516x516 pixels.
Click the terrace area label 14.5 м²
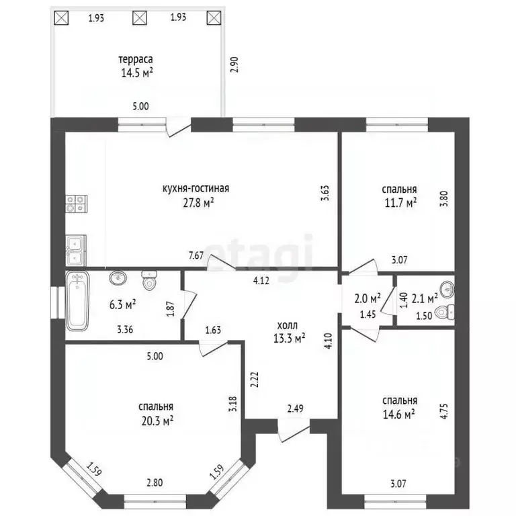coord(137,73)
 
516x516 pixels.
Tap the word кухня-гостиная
coord(196,189)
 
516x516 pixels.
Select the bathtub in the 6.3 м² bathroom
coord(77,302)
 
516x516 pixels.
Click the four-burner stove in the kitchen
coord(77,204)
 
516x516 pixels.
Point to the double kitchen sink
coord(76,251)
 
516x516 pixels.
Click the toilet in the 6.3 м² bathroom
coord(149,281)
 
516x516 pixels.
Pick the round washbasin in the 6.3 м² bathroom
coord(118,278)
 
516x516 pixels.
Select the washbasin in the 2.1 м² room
coord(447,290)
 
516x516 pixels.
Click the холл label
coord(288,326)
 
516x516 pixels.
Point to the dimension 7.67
coord(196,255)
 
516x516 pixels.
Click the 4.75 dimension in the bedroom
coord(445,411)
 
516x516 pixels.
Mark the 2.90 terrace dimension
coord(234,64)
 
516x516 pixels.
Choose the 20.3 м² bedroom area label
coord(157,421)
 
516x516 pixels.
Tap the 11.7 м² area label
coord(400,203)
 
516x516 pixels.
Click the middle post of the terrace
coord(140,17)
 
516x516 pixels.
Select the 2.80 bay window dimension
coord(155,483)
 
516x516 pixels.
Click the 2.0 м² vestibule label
coord(368,300)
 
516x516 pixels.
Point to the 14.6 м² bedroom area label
coord(398,414)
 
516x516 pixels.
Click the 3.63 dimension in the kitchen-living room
coord(325,193)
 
